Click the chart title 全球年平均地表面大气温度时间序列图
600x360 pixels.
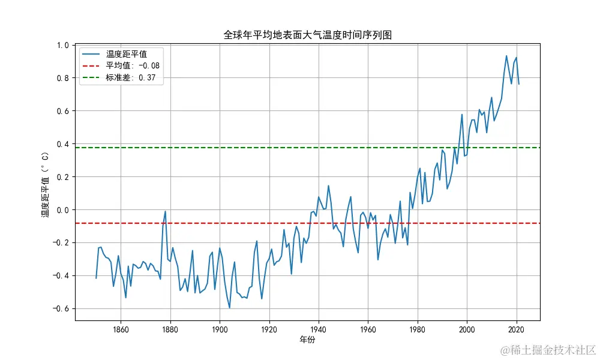tap(307, 35)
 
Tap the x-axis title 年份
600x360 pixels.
tap(307, 340)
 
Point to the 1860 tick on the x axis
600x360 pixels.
tap(121, 329)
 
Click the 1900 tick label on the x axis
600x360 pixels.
tap(220, 329)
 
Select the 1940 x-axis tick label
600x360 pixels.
tap(319, 329)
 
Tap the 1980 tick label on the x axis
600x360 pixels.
tap(418, 329)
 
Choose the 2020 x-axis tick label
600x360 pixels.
tap(517, 329)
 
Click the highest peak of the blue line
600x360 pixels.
tap(506, 56)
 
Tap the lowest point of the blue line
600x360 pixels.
tap(229, 308)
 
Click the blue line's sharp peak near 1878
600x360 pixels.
tap(165, 211)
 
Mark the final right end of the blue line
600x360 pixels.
tap(519, 84)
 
